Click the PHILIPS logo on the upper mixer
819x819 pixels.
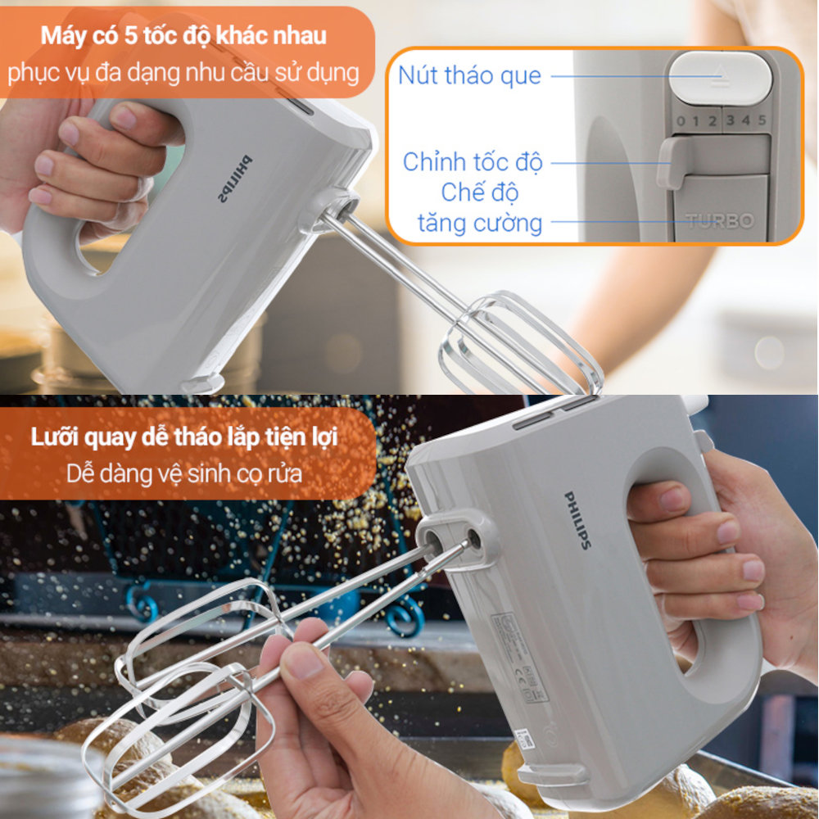tap(235, 179)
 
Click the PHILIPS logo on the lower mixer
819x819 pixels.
tap(577, 520)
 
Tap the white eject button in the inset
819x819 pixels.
tap(720, 78)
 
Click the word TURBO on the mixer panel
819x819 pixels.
tap(720, 221)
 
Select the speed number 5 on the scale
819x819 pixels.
tap(762, 121)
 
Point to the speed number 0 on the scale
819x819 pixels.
tap(680, 121)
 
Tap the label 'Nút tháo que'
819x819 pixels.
tap(469, 75)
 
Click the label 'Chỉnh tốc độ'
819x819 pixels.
tap(473, 161)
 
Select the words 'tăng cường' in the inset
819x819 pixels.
tap(480, 223)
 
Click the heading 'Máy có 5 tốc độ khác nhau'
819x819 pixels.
tap(184, 37)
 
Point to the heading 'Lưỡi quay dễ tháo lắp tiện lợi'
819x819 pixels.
tap(184, 437)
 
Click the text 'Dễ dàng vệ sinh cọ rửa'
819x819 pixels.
tap(184, 473)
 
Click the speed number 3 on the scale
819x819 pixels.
tap(729, 121)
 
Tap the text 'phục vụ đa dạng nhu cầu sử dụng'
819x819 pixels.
tap(184, 72)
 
